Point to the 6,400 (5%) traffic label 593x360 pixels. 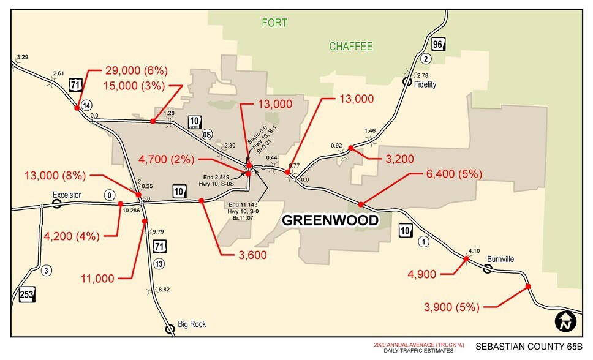pos(453,174)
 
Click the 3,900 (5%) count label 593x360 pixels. pos(451,307)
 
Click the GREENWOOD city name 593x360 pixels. pos(330,220)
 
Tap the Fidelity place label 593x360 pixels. pos(425,84)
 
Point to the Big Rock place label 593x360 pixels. pos(192,324)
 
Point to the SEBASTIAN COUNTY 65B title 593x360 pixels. pos(529,347)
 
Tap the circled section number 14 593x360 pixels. pos(87,104)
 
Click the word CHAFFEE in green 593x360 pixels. pos(351,47)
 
